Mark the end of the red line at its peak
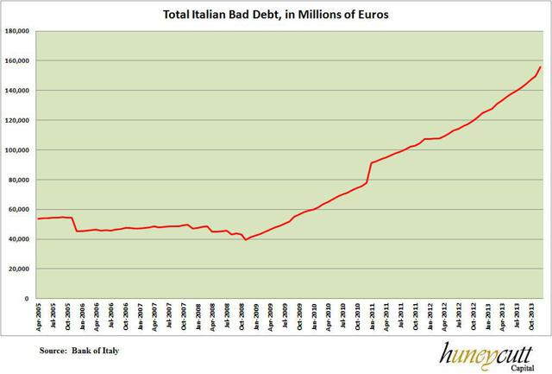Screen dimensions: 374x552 point(540,67)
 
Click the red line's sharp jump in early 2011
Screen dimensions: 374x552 point(369,172)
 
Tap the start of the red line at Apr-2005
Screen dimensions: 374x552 point(38,219)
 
